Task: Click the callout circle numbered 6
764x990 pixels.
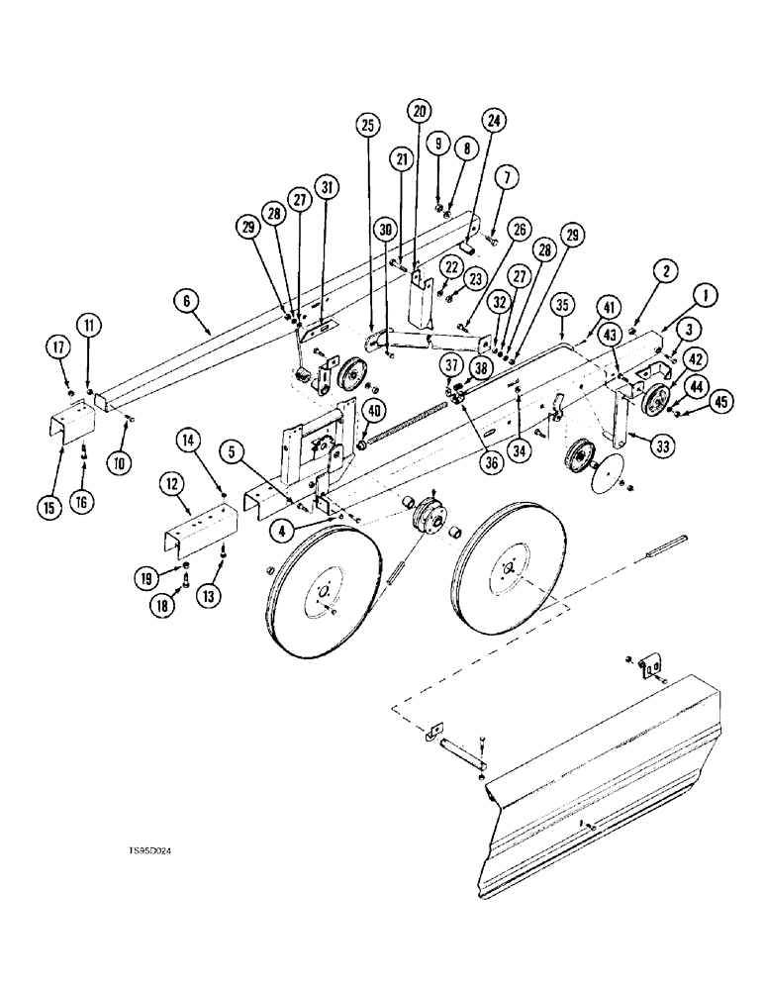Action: (184, 296)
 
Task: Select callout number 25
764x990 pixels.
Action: (368, 126)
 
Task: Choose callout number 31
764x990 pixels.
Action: (328, 186)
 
